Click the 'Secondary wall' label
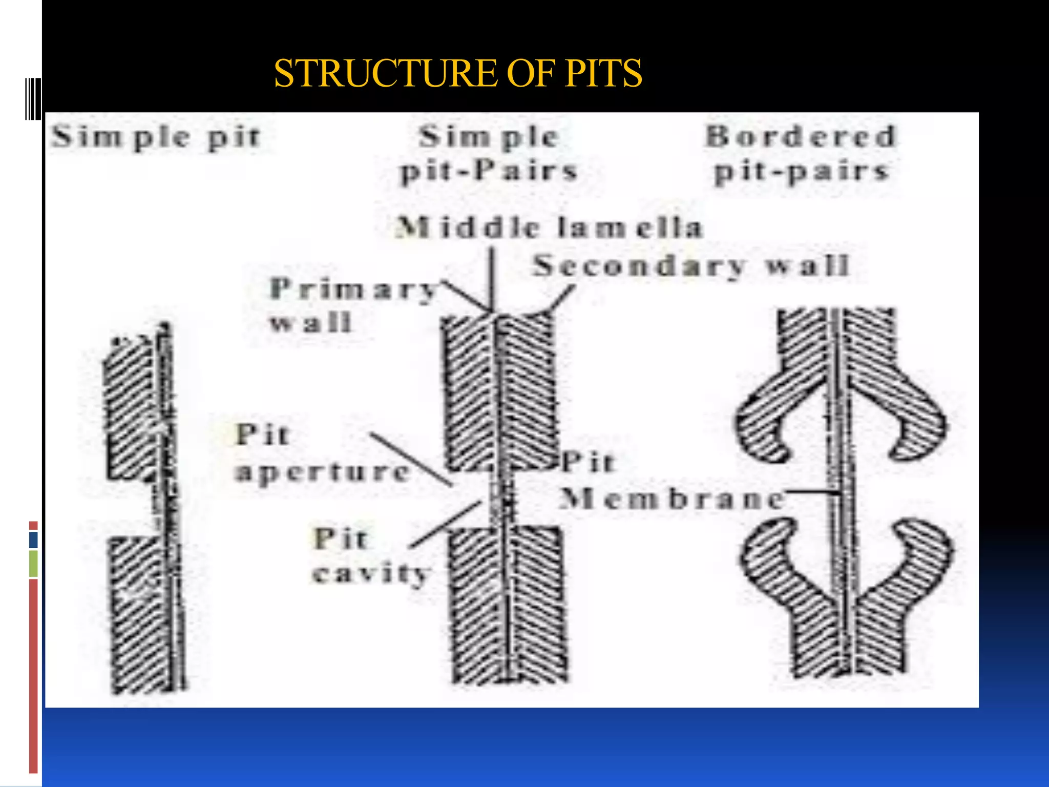tap(691, 266)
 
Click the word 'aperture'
tap(323, 471)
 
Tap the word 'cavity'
tap(371, 573)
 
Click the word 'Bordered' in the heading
tap(801, 136)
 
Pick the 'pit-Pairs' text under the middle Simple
tap(489, 171)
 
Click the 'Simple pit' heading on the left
tap(156, 137)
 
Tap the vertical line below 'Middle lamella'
tap(492, 279)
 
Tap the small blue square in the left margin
tap(33, 540)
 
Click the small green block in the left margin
tap(33, 563)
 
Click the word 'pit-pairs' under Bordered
tap(801, 172)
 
